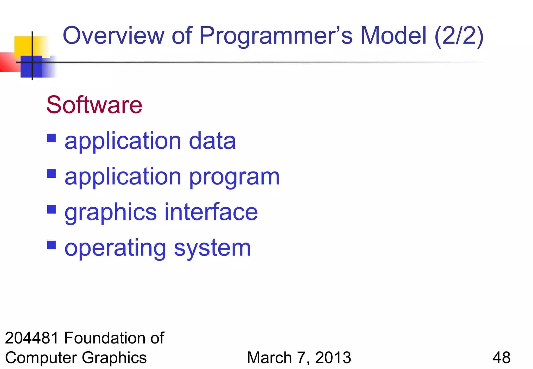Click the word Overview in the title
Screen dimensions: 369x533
point(113,36)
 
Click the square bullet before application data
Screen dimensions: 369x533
point(52,138)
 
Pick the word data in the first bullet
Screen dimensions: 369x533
point(212,141)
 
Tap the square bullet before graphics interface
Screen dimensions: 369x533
point(52,209)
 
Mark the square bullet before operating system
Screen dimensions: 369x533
point(52,245)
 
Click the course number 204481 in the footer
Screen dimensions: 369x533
point(32,338)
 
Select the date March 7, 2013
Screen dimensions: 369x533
point(299,358)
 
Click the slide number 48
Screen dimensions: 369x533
point(501,358)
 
